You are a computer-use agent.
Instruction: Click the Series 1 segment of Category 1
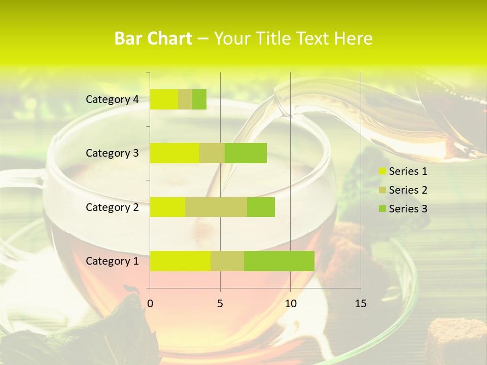pos(180,261)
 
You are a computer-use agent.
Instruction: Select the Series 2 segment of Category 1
pos(227,261)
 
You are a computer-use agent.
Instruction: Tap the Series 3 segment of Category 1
pos(279,261)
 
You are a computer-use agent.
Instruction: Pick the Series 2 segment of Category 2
pos(216,207)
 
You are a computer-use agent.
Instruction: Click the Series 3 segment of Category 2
pos(261,207)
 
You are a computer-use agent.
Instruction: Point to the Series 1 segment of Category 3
pos(175,153)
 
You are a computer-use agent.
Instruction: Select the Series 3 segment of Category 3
pos(246,153)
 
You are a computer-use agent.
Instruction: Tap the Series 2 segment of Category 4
pos(185,99)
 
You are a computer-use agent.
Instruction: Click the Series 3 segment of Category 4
pos(199,99)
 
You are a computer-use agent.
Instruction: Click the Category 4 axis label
pos(112,99)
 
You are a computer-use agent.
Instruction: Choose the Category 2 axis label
pos(112,207)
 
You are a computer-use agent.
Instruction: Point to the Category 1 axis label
pos(112,261)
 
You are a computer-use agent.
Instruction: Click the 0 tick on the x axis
pos(150,304)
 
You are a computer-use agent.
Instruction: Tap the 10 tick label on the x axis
pos(290,304)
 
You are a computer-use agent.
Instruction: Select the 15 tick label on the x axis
pos(361,304)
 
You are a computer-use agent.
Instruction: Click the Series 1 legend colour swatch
pos(382,171)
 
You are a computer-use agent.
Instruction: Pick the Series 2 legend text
pos(408,190)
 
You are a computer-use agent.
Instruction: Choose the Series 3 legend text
pos(408,209)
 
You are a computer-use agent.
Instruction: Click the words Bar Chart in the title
pos(153,38)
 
